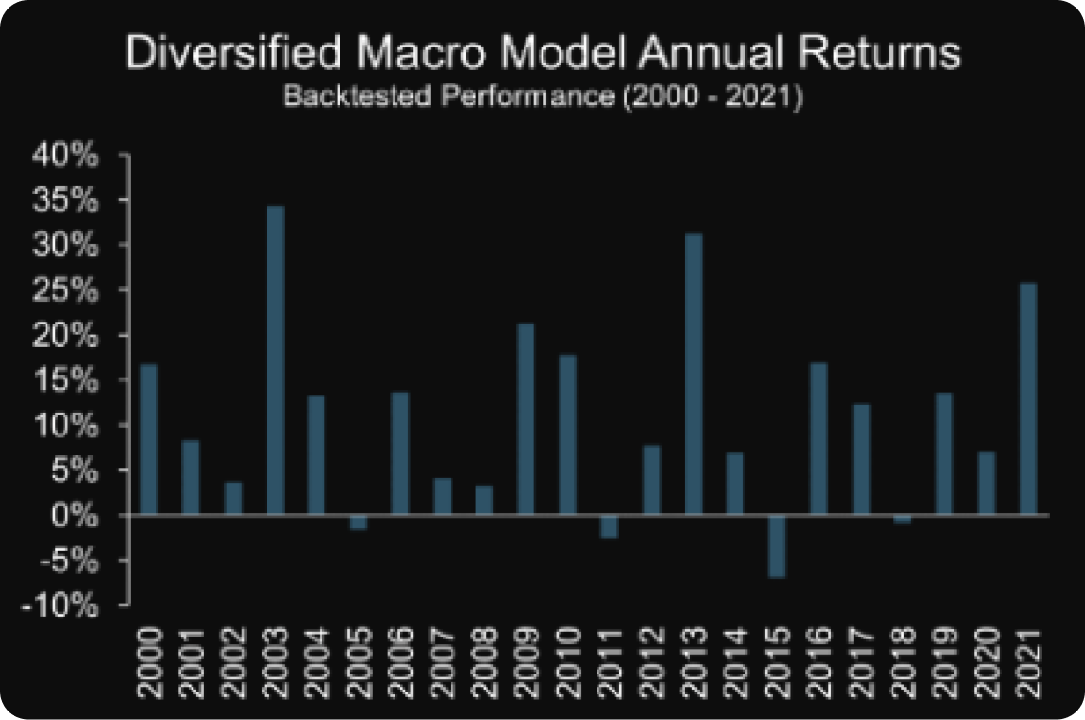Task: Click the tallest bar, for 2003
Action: pos(275,360)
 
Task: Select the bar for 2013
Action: pos(693,375)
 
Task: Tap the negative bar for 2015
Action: pos(777,545)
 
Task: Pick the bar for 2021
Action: pos(1028,398)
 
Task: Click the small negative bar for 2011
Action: pos(609,526)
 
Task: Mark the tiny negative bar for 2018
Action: pos(902,519)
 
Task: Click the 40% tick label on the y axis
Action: pos(65,156)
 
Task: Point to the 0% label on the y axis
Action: pos(77,515)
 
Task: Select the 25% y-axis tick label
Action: pos(65,290)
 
